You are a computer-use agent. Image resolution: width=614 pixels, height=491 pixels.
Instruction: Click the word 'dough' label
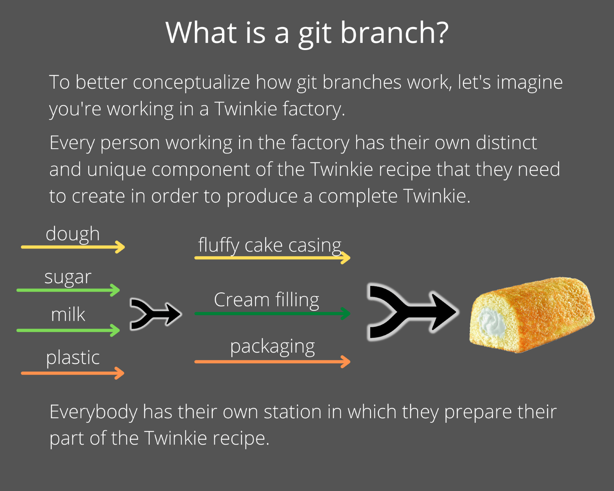(72, 234)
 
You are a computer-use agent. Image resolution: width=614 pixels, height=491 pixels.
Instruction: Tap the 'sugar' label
(68, 277)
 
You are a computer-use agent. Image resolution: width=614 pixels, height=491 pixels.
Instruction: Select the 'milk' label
(68, 314)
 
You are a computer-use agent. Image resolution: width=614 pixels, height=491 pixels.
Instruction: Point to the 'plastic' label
(73, 358)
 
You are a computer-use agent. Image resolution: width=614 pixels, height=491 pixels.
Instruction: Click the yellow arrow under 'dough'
(72, 247)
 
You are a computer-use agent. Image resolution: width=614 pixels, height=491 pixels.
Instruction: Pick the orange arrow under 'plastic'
(72, 373)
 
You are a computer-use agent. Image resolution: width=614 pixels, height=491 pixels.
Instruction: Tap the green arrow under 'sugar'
(68, 290)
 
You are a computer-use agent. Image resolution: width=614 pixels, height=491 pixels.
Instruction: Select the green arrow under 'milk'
(68, 330)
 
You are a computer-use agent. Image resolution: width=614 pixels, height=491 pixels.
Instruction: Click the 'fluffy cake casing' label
(270, 245)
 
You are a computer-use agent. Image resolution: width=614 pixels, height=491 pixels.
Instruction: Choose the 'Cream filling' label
(267, 300)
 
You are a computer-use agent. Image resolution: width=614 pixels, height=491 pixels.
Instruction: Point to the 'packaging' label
(272, 347)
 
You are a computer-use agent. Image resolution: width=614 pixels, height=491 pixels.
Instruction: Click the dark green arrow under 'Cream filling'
(272, 314)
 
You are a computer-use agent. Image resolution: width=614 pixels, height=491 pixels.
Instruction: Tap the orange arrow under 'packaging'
(272, 362)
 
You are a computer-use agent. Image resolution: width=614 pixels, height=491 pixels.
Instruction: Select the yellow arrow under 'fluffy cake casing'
(272, 258)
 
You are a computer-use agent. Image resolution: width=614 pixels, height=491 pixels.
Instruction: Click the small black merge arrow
(155, 314)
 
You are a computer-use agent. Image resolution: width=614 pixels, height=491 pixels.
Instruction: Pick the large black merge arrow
(411, 312)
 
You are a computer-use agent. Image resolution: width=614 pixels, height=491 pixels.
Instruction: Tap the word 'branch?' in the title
(394, 33)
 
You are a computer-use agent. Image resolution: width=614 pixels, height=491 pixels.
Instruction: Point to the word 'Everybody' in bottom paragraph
(93, 412)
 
